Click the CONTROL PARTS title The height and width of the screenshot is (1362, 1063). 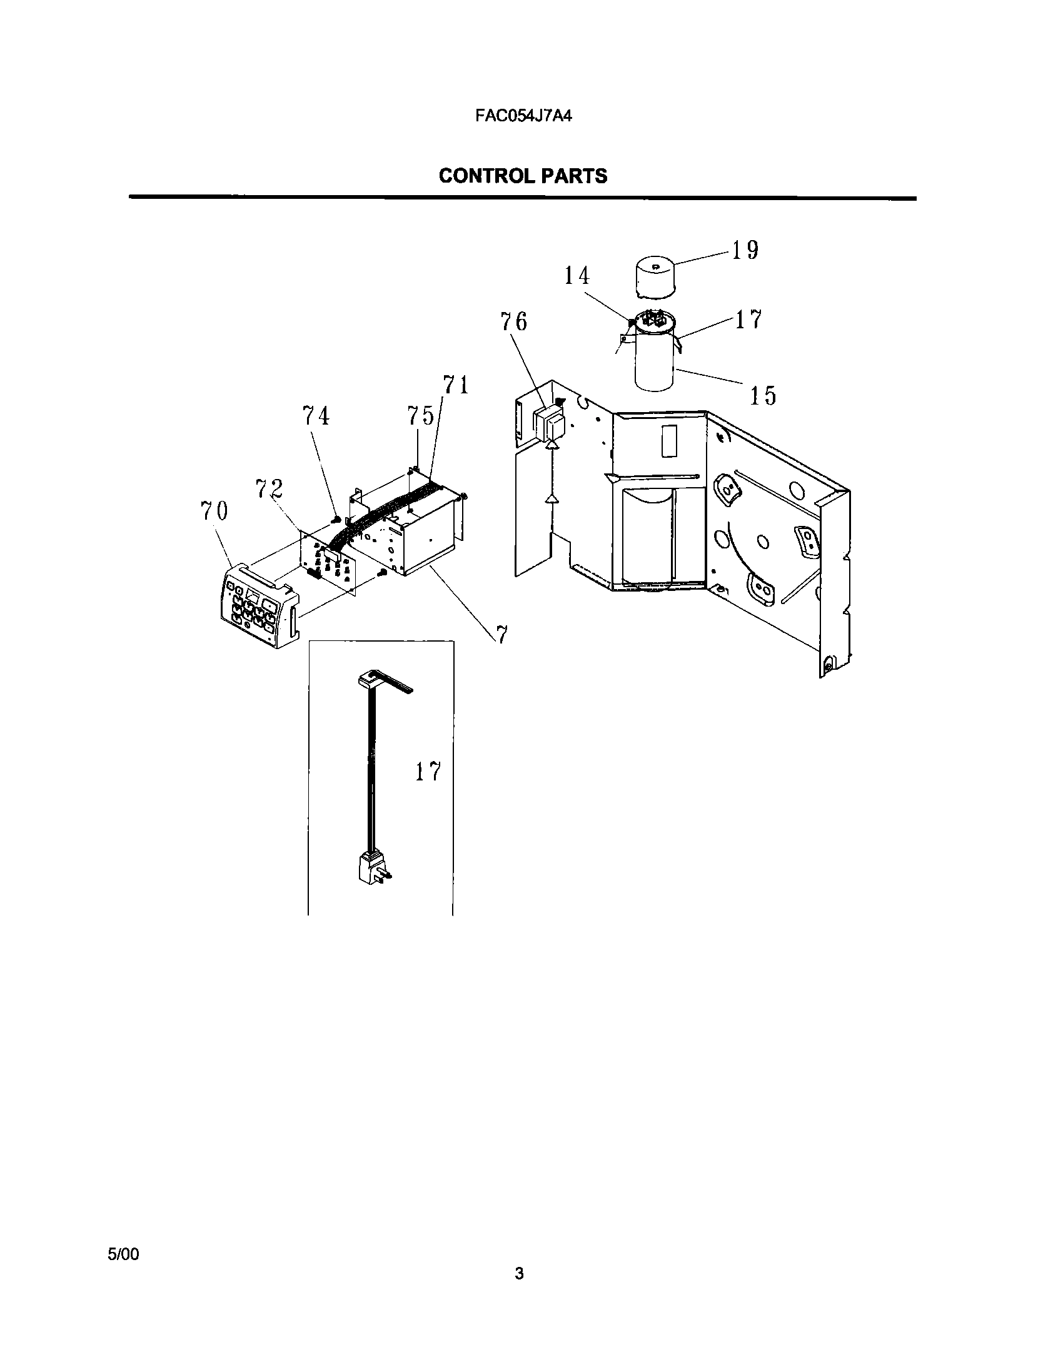[523, 176]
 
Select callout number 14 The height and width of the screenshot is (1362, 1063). [577, 276]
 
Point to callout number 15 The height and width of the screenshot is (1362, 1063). [762, 395]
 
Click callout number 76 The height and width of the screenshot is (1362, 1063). [513, 322]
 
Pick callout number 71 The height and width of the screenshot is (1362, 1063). [456, 385]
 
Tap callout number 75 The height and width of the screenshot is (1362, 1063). [421, 415]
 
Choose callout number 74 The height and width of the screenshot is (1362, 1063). [316, 415]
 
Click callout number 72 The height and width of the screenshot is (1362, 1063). [269, 488]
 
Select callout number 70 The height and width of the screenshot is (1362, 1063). [214, 511]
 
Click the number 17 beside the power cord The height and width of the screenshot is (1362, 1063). [428, 772]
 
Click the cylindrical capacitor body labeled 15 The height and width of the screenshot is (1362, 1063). [654, 366]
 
